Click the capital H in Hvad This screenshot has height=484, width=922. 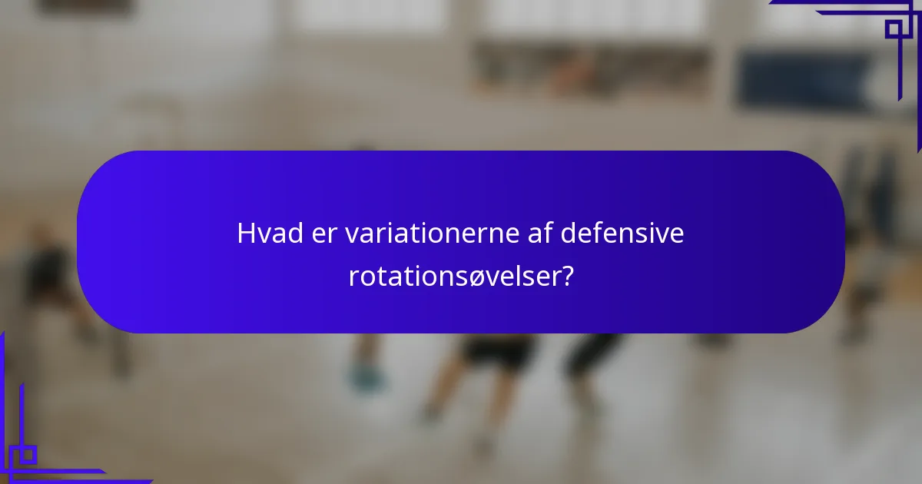246,234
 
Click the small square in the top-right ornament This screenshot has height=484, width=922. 893,29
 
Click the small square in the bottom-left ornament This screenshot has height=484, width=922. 28,454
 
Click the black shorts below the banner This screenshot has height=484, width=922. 499,350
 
